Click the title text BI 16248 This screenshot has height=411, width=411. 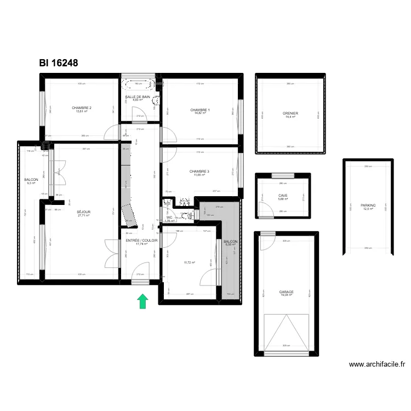(x=59, y=63)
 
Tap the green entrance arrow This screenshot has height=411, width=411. (x=142, y=301)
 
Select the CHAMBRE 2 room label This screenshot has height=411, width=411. (x=82, y=108)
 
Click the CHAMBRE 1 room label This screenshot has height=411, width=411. (x=200, y=110)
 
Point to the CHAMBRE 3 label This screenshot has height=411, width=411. (x=199, y=172)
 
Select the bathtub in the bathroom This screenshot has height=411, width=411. (x=138, y=85)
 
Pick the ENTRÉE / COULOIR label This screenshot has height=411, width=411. (x=141, y=241)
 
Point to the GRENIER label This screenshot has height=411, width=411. (x=290, y=113)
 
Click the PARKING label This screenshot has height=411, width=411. (x=368, y=206)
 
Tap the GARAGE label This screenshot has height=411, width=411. (x=286, y=292)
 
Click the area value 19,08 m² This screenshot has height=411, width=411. (x=286, y=296)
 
